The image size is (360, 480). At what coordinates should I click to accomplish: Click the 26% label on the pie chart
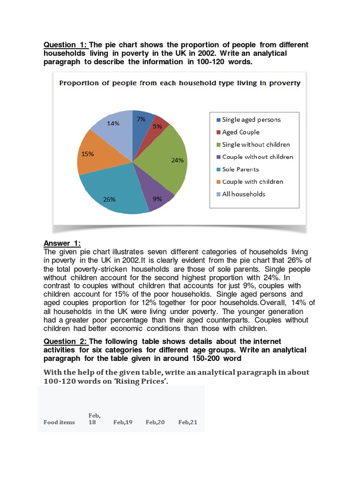(109, 199)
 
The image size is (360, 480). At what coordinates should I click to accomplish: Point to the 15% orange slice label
(88, 153)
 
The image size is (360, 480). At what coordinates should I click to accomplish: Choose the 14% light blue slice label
(113, 124)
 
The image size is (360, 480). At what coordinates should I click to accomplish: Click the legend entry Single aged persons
(251, 120)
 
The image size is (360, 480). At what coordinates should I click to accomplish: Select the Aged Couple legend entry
(240, 132)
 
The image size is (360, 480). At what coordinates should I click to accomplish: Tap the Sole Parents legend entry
(240, 169)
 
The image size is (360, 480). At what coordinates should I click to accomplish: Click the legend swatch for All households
(217, 194)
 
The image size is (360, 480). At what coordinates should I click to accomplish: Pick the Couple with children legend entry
(252, 181)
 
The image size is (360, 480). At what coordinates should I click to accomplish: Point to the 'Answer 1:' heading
(62, 243)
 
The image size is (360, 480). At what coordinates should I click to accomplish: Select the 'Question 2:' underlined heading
(65, 341)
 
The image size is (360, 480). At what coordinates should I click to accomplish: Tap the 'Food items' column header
(59, 422)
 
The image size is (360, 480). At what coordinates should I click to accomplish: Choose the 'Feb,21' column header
(187, 422)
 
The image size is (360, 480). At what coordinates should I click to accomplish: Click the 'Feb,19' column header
(123, 422)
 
